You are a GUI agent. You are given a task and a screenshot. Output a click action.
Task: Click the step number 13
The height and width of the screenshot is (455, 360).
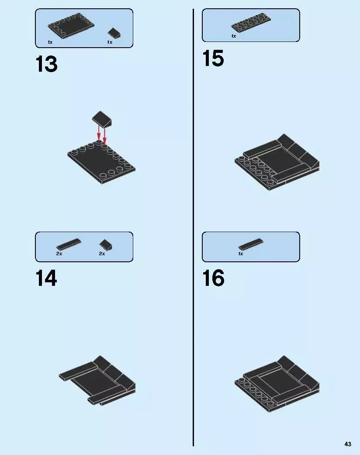click(x=46, y=64)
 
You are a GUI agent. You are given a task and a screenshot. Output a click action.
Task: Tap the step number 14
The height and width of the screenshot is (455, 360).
click(x=46, y=278)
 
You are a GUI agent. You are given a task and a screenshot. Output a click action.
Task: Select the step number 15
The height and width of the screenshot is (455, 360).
click(x=213, y=58)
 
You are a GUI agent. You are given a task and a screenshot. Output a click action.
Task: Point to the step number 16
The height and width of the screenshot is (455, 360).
click(x=213, y=278)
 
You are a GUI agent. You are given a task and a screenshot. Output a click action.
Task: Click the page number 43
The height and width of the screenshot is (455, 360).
click(x=348, y=444)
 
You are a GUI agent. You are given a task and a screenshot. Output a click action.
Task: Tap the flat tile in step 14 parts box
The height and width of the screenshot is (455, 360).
click(x=69, y=244)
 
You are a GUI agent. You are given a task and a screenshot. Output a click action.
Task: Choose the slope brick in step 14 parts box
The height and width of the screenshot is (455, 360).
click(x=106, y=245)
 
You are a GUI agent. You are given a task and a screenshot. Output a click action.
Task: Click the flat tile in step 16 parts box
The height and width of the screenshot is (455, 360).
click(x=251, y=244)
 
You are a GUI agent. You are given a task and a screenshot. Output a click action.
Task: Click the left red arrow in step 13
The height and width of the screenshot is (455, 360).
click(x=99, y=133)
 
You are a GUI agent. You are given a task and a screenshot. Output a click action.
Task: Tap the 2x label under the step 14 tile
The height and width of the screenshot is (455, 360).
click(x=59, y=254)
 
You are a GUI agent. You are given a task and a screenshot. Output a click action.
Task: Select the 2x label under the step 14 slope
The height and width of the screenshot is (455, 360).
click(x=102, y=254)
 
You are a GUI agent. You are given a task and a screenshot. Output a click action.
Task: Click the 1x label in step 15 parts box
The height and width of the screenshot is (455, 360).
click(x=234, y=36)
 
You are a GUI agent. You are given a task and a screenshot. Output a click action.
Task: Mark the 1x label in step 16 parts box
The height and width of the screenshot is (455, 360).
click(x=240, y=254)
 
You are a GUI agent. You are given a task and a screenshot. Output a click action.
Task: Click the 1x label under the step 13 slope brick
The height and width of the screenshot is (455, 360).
click(x=110, y=42)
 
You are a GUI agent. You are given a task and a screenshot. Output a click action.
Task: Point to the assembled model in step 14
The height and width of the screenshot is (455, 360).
click(x=97, y=380)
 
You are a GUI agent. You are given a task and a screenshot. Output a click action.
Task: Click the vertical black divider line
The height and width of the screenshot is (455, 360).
click(x=193, y=227)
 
